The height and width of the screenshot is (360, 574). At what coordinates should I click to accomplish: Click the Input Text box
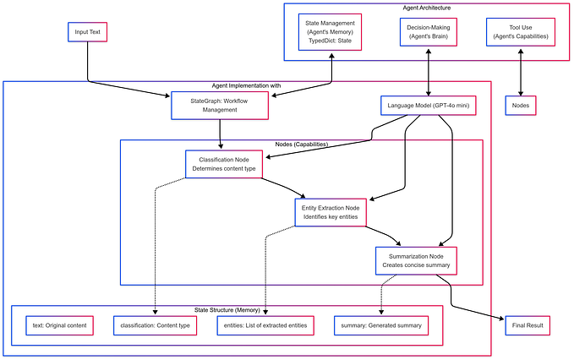[x=87, y=33]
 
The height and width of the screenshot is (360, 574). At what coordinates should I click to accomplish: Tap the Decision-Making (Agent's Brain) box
[x=431, y=32]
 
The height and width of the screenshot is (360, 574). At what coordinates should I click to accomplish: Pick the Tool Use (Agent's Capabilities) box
[x=520, y=32]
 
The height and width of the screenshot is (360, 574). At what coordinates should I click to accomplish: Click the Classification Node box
[x=223, y=164]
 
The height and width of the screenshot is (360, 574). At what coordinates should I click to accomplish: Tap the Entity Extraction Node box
[x=331, y=212]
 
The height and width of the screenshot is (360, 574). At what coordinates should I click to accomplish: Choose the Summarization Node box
[x=415, y=260]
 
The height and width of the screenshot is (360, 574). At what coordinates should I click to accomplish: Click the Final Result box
[x=528, y=325]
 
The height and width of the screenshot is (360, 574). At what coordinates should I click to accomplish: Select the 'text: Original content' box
[x=59, y=325]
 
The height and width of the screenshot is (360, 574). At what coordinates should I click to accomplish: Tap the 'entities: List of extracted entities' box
[x=266, y=325]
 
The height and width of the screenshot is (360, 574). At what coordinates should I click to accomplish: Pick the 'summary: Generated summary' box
[x=380, y=325]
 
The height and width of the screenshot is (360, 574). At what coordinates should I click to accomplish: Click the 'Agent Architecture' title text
[x=427, y=7]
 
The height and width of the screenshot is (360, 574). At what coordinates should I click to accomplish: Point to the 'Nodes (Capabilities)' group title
[x=301, y=144]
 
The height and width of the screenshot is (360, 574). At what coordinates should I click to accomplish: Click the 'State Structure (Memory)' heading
[x=227, y=309]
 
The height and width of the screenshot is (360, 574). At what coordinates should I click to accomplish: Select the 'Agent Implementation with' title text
[x=246, y=85]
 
